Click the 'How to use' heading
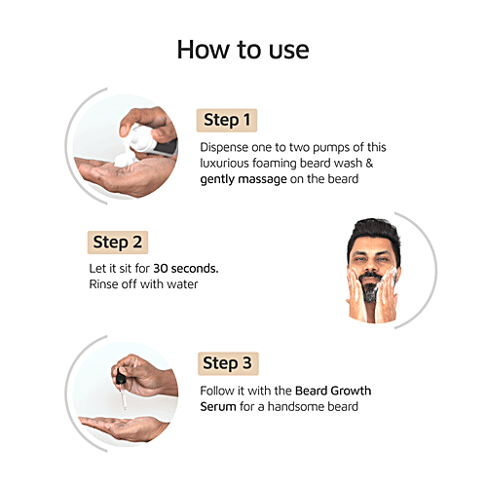243,49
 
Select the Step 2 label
119,242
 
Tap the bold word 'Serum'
220,406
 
